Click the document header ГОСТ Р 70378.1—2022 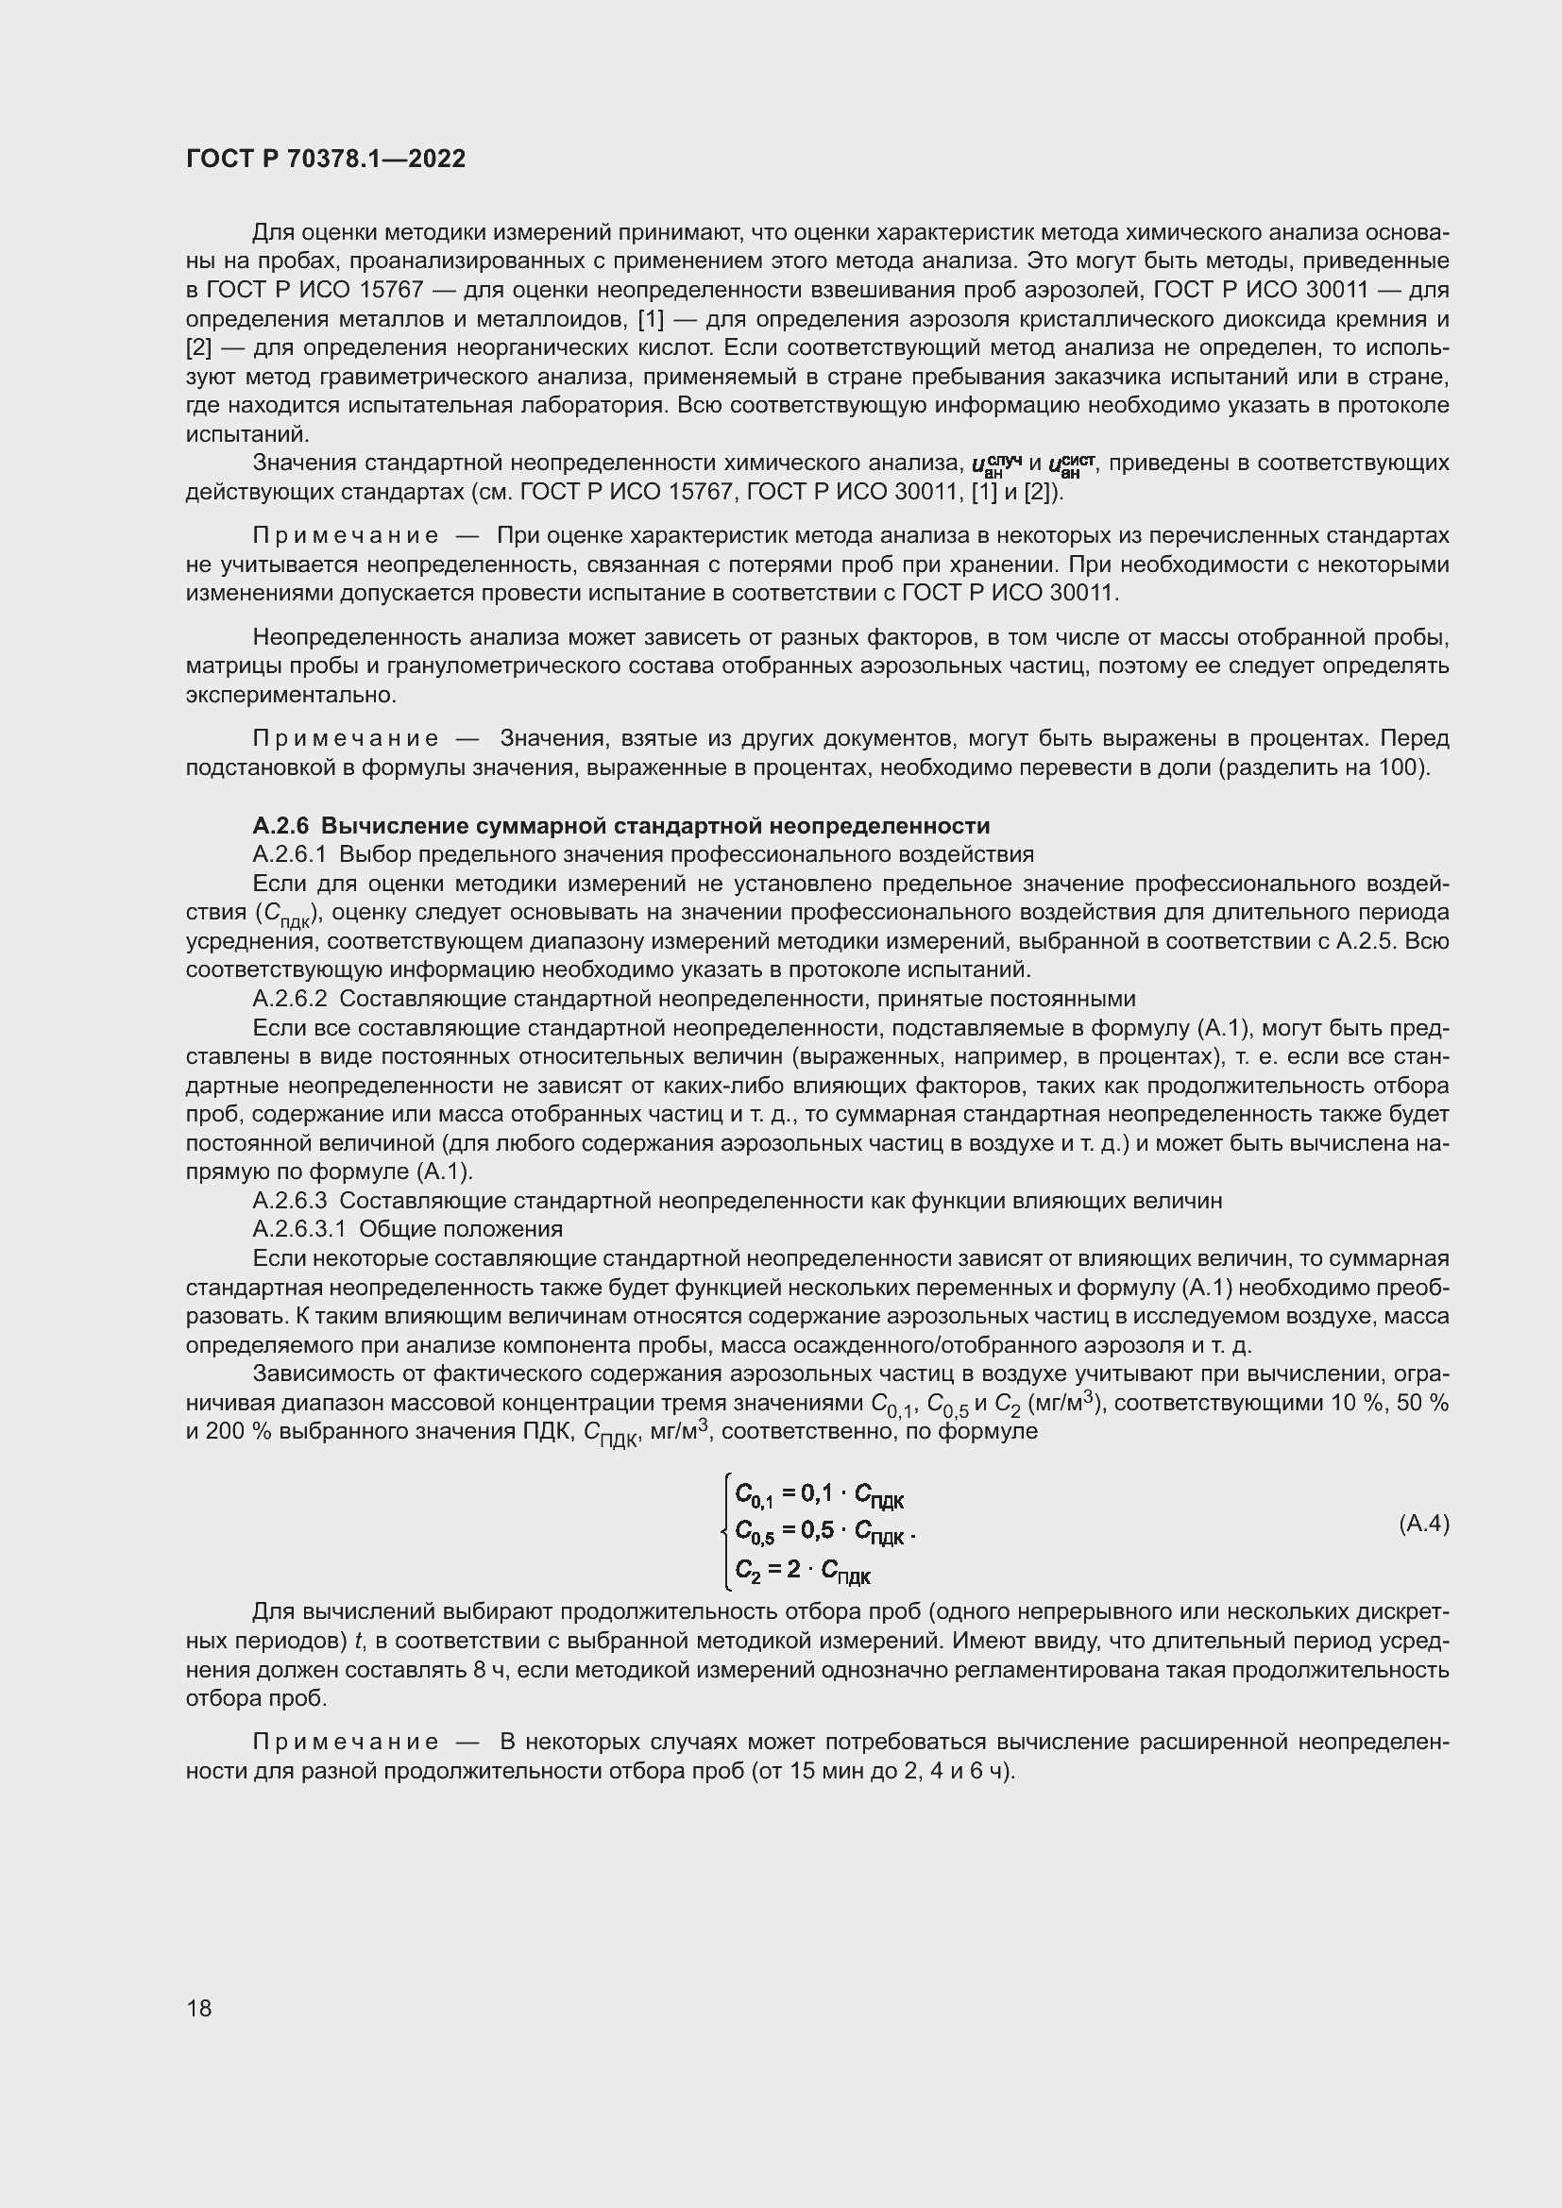[325, 159]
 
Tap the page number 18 [199, 2008]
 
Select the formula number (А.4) [1422, 1524]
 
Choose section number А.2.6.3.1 [299, 1229]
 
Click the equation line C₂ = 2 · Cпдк [802, 1571]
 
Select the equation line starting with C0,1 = [820, 1493]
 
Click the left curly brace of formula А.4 [727, 1530]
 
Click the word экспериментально [290, 695]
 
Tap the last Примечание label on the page [346, 1742]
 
